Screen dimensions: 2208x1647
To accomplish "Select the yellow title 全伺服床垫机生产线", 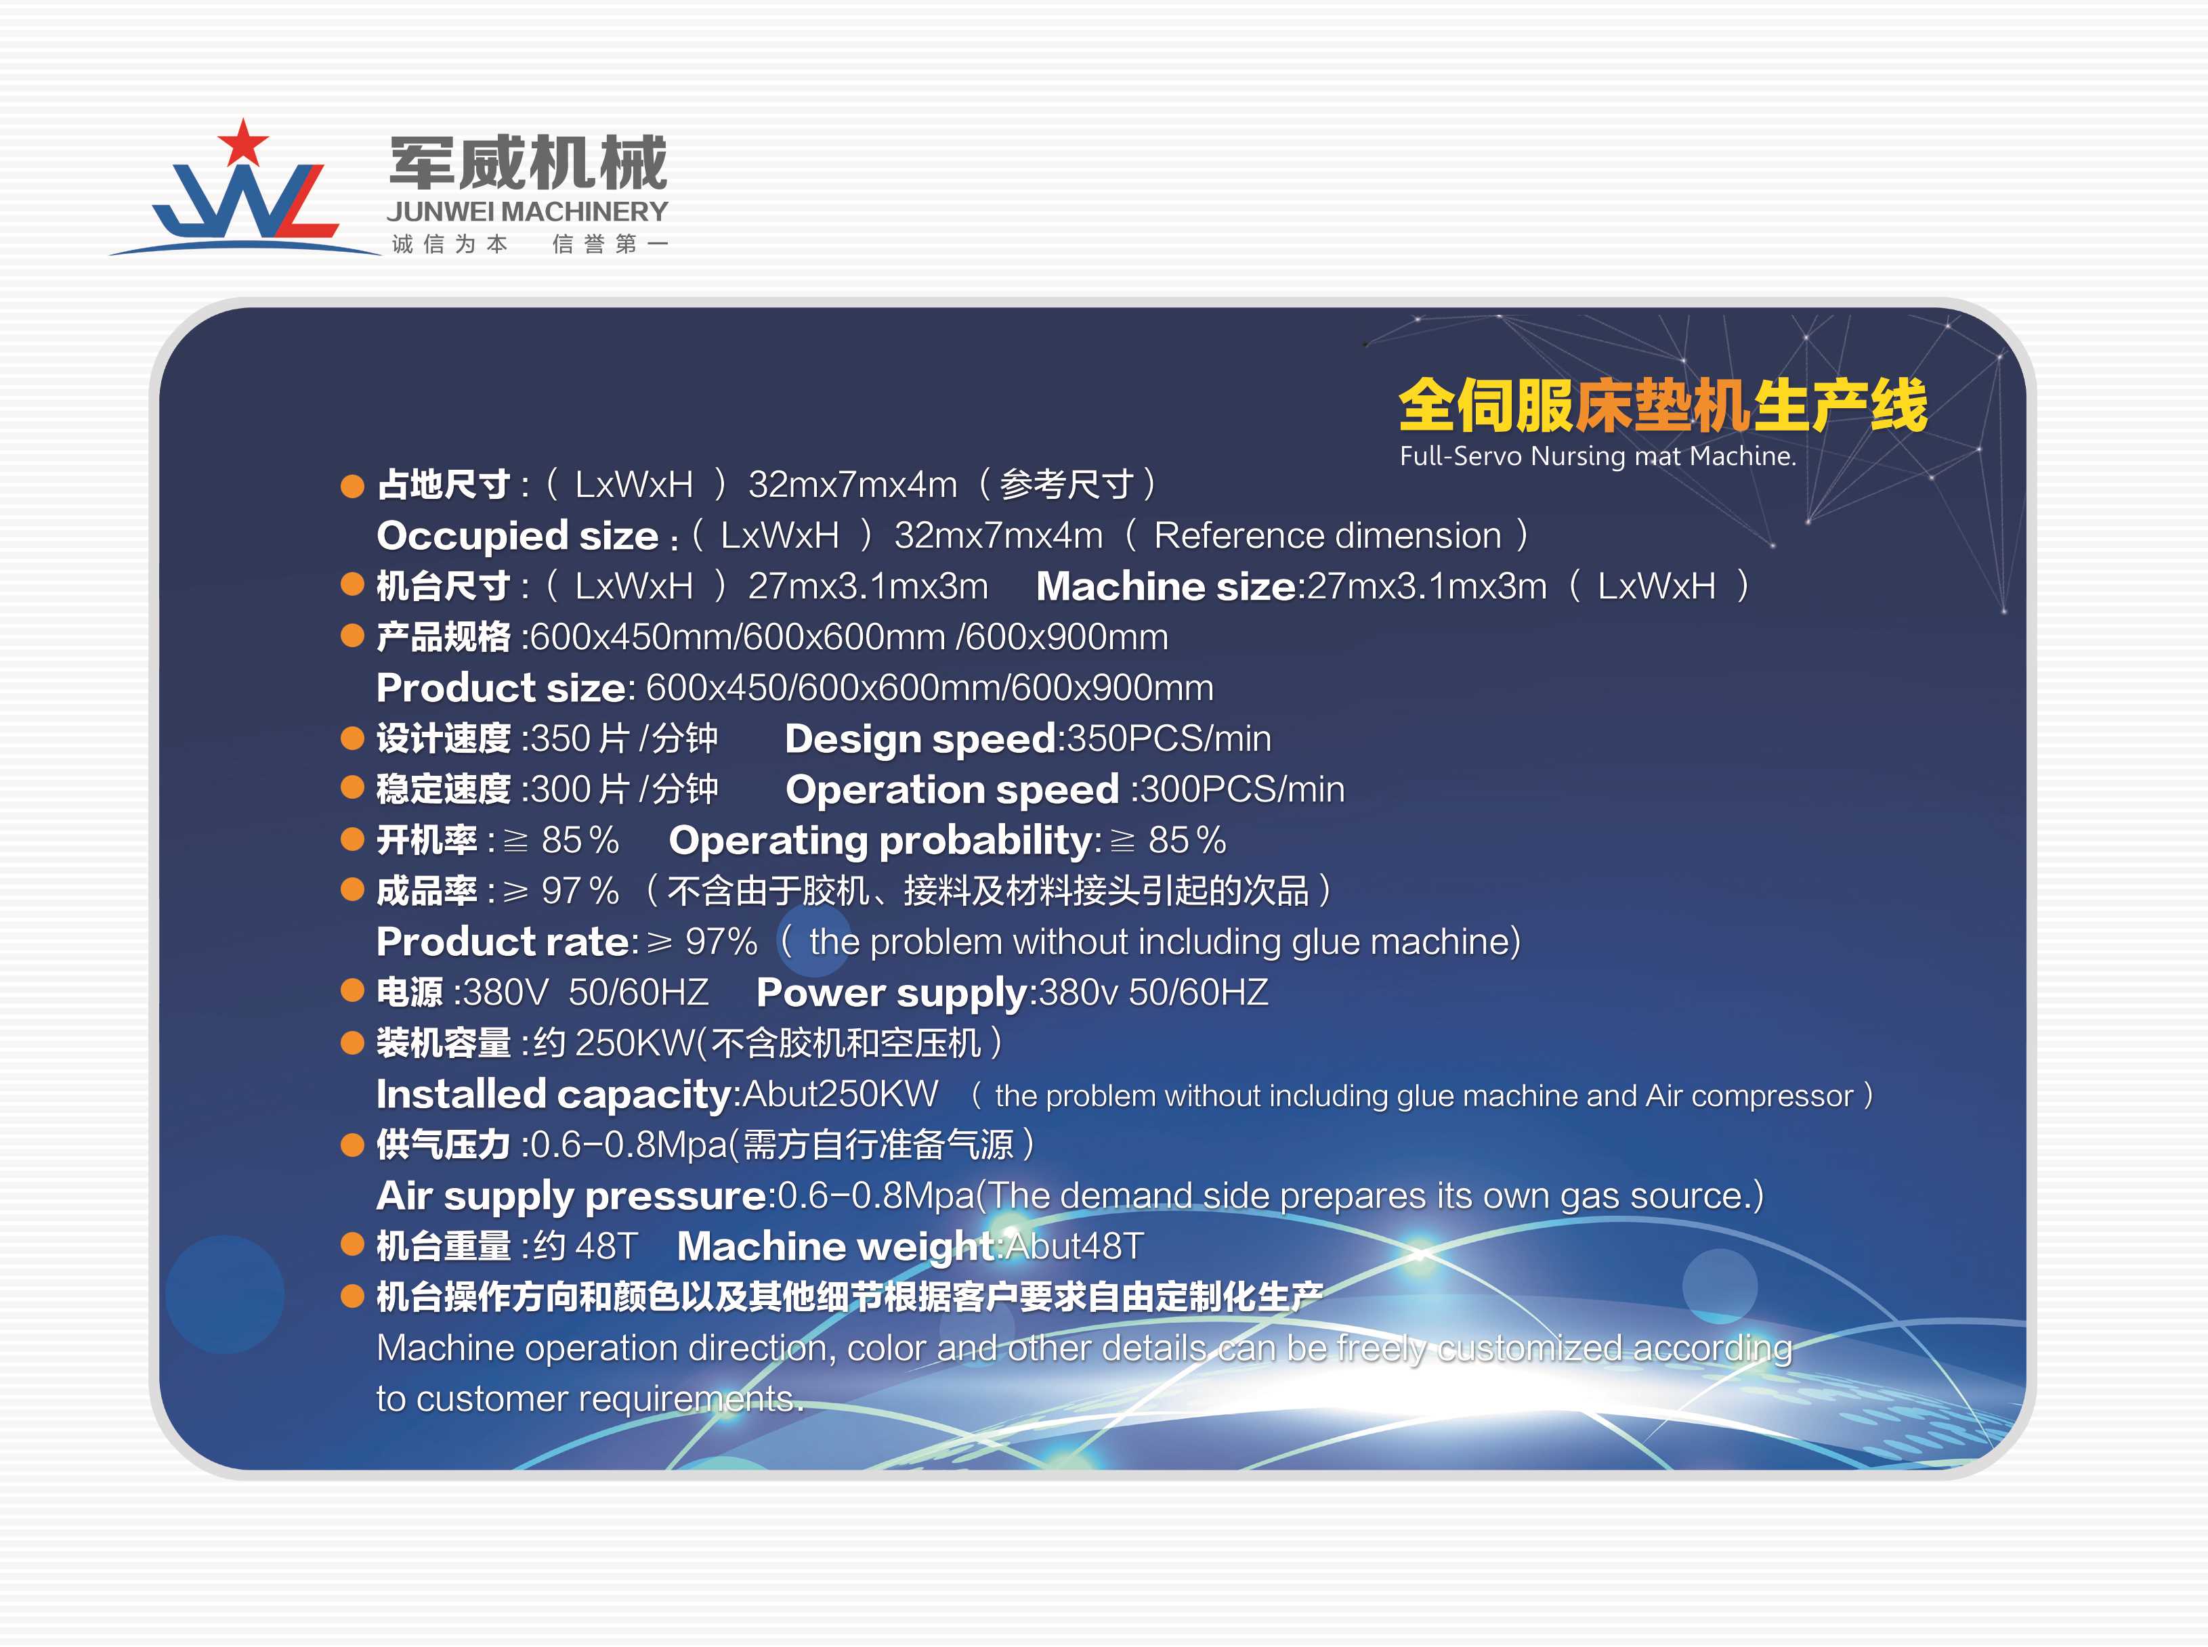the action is [1663, 405].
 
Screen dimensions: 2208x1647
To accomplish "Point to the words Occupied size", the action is [517, 536].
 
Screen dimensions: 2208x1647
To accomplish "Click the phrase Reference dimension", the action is [1328, 535].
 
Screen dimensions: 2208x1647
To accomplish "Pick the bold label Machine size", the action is [1166, 586].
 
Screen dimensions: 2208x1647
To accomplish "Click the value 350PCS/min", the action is [1169, 739].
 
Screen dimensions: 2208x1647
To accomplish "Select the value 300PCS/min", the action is [1243, 789].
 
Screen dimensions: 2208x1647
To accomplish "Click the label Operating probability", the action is [882, 841].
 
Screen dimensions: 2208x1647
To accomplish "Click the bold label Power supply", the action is [891, 993].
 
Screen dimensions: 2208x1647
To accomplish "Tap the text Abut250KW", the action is [841, 1094].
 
